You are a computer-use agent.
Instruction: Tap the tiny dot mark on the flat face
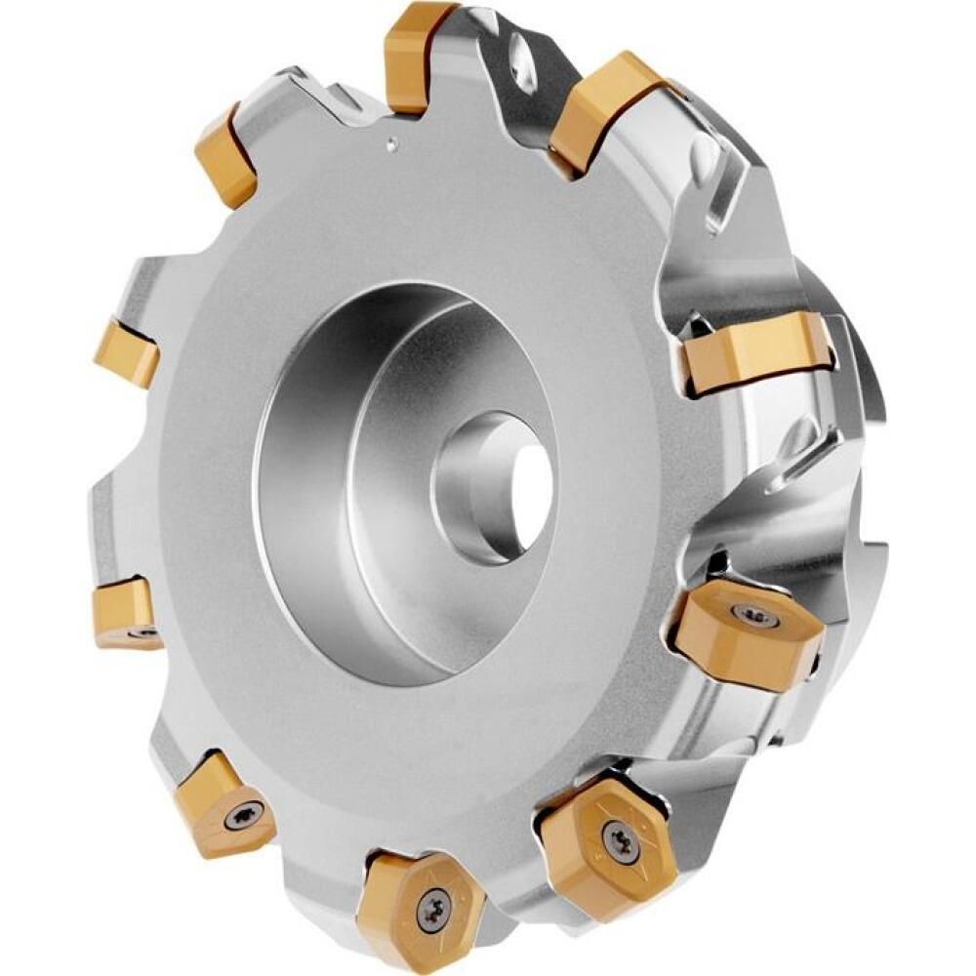coord(391,145)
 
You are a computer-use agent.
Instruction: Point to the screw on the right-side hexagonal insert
coord(753,615)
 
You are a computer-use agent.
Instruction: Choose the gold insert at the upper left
coord(226,157)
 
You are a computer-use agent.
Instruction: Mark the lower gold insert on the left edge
coord(124,611)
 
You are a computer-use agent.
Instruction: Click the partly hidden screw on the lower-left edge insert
coord(143,632)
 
